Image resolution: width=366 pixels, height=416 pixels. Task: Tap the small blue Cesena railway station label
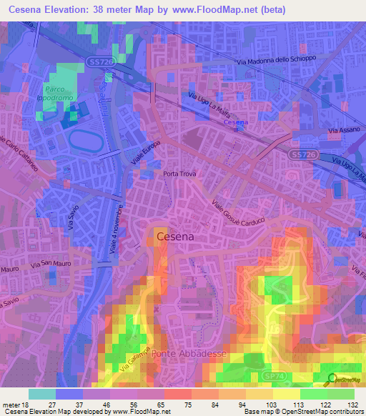coord(236,123)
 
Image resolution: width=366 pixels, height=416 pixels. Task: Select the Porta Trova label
coord(179,174)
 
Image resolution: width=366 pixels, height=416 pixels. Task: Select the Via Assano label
coord(342,131)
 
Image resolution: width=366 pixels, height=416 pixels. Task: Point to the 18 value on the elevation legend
coord(29,404)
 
